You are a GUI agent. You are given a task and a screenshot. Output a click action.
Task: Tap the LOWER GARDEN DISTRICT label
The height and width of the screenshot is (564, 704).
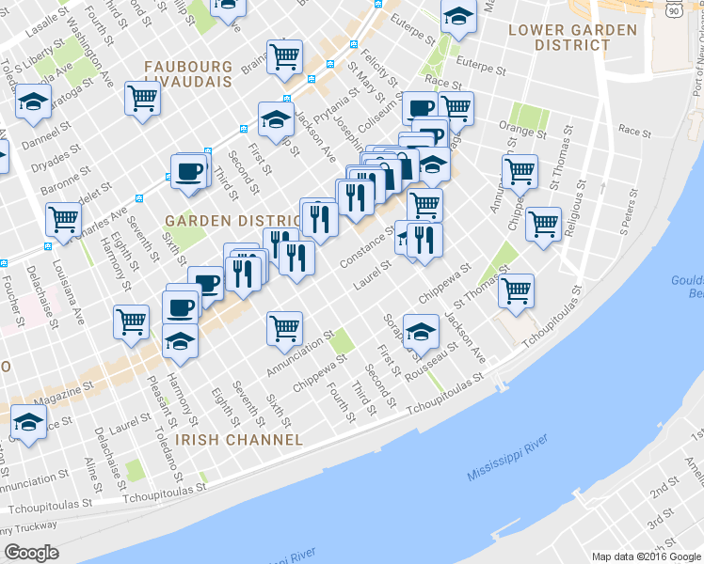point(571,37)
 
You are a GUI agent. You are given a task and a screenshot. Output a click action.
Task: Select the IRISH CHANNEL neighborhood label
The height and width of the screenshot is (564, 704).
point(244,439)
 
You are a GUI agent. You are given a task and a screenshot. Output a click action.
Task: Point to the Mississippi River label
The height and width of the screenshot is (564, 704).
point(514,461)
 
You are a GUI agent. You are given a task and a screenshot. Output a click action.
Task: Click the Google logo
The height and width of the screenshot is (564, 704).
point(32,553)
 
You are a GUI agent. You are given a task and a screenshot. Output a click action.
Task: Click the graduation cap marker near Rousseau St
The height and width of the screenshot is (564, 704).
point(421,330)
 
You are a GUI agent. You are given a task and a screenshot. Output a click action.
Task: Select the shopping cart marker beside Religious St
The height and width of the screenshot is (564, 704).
point(543,224)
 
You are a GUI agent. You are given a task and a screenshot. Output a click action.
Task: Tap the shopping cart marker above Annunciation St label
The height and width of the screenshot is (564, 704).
point(284,327)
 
